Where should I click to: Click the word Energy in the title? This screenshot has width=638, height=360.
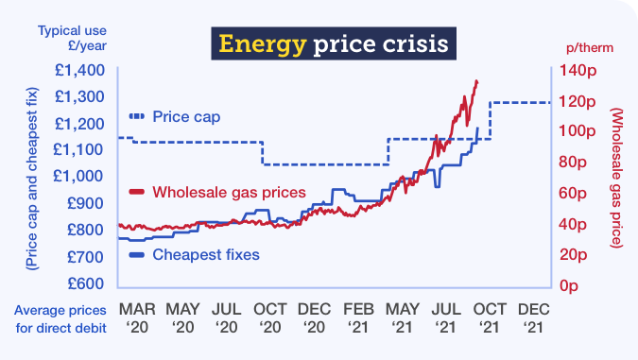click(x=252, y=43)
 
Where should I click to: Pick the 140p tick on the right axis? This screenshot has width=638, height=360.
click(x=578, y=70)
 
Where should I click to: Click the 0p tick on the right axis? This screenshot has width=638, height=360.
click(x=571, y=284)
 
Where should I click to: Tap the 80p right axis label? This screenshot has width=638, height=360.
click(x=575, y=162)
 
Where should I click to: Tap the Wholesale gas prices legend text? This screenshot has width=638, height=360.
click(x=229, y=192)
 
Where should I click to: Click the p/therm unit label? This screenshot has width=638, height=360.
click(x=586, y=46)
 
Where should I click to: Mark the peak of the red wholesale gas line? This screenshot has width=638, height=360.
click(x=475, y=81)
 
